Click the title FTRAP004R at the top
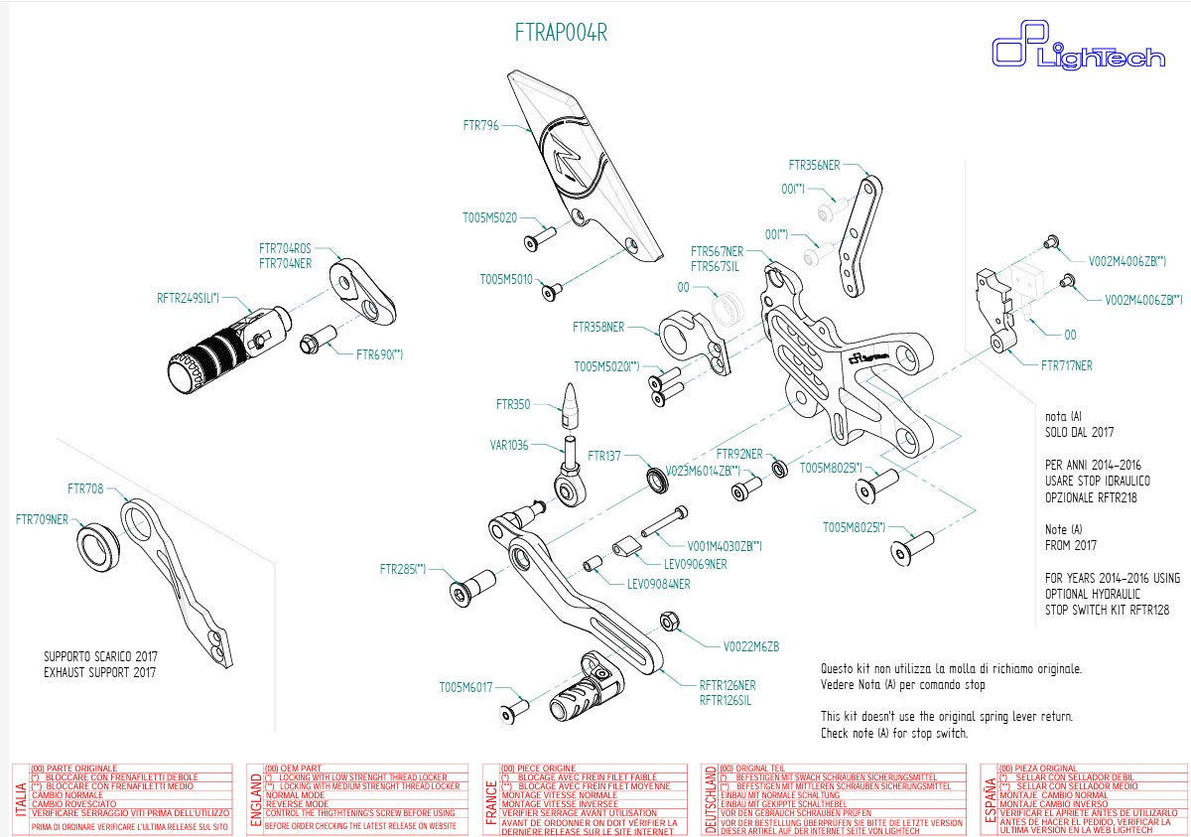pos(561,33)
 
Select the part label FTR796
pos(480,126)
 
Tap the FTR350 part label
pos(513,404)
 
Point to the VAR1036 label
pos(509,446)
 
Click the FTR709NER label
pos(43,518)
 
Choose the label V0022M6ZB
pos(751,646)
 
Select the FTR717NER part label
pos(1066,365)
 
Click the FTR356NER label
pos(814,165)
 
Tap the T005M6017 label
pos(465,687)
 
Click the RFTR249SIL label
pos(188,297)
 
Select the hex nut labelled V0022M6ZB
pos(669,623)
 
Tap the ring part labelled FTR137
pos(657,480)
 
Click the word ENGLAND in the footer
pos(257,799)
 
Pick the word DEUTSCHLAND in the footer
pos(709,799)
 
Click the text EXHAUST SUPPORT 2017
pos(99,672)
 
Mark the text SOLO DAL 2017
pos(1080,433)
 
